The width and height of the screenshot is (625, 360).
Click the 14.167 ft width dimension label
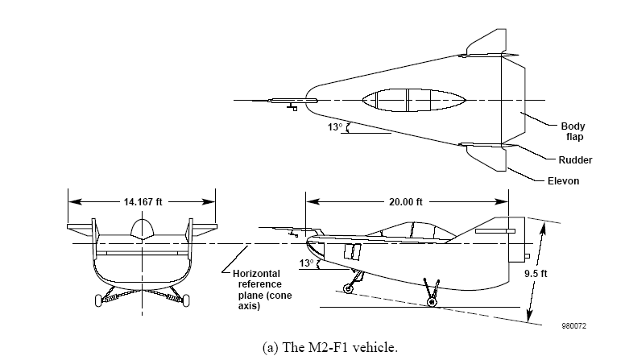143,201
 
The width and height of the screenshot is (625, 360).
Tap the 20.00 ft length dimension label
406,201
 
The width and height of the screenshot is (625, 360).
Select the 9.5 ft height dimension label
536,274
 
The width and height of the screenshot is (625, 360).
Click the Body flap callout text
573,131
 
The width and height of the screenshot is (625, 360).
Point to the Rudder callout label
575,160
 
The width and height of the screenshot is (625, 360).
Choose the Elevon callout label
563,181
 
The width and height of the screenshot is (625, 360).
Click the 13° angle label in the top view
335,126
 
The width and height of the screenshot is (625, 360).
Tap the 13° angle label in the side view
307,263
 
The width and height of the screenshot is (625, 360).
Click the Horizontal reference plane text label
263,290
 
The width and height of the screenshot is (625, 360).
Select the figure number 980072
574,325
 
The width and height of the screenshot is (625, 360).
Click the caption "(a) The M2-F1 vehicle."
330,347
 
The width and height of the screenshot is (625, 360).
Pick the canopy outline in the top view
414,100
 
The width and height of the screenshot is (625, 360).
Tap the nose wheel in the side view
349,288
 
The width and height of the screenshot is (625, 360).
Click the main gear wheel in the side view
432,302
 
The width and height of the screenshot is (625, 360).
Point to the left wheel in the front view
98,300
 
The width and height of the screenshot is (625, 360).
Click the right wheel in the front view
186,300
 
